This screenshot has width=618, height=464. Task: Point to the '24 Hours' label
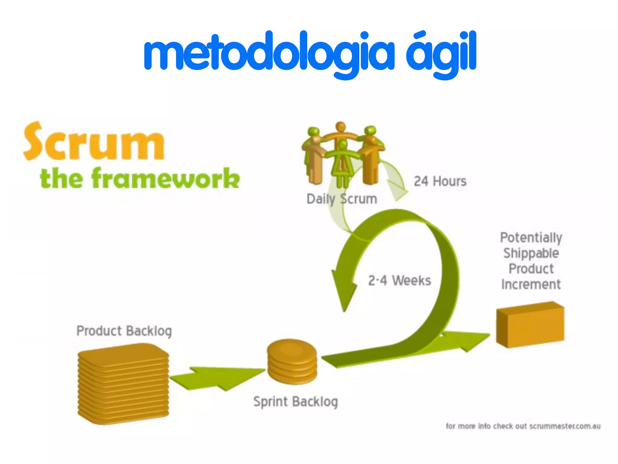(x=440, y=181)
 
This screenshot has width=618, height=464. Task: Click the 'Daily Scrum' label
(x=342, y=199)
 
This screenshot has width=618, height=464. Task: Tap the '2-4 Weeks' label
(x=399, y=281)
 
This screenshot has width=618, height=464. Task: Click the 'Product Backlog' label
(x=124, y=331)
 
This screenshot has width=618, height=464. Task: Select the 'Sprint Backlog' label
(x=295, y=402)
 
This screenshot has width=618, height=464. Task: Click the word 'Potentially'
(x=531, y=237)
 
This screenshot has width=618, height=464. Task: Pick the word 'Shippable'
(x=531, y=253)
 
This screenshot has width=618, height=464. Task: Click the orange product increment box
(x=530, y=325)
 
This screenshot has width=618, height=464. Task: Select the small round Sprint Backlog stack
(x=292, y=362)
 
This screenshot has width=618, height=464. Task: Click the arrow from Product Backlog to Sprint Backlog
(x=217, y=378)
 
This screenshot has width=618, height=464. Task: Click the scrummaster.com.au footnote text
(x=523, y=426)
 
